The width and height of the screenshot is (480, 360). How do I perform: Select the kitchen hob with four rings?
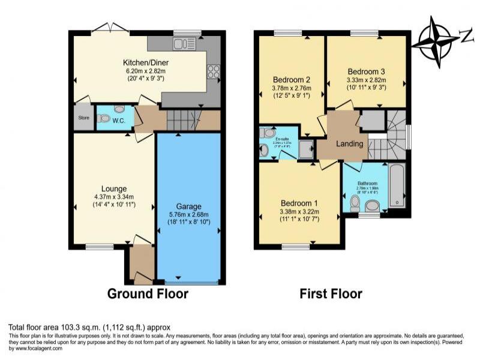213,71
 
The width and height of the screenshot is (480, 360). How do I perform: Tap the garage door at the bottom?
190,282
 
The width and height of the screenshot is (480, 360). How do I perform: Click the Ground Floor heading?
148,294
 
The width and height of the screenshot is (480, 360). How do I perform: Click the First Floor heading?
331,294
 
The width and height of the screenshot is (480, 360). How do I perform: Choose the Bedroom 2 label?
291,80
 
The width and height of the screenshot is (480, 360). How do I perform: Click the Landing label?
349,144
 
